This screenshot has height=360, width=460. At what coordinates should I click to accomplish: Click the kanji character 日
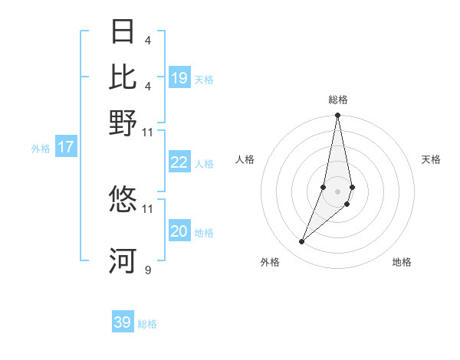[123, 31]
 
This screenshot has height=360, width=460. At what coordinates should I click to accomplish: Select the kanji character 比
[123, 77]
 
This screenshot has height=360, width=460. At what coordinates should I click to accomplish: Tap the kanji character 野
[123, 123]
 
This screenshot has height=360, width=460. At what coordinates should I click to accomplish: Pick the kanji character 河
[123, 260]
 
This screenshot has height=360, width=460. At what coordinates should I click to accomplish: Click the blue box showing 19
[179, 78]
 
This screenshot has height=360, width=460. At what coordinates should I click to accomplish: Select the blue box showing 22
[179, 162]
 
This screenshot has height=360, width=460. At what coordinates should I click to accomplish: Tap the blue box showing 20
[179, 231]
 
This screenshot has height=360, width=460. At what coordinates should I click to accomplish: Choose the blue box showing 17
[66, 147]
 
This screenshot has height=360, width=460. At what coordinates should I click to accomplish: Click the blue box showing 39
[123, 322]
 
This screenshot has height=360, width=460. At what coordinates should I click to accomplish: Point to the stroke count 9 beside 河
[148, 270]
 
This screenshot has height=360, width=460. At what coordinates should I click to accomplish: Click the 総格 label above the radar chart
[338, 100]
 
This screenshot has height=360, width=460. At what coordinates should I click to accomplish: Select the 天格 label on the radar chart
[431, 159]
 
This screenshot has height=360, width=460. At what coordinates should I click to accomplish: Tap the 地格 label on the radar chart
[402, 262]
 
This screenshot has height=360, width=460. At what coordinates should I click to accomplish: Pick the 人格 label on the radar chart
[245, 159]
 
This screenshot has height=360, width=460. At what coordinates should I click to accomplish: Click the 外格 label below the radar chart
[270, 262]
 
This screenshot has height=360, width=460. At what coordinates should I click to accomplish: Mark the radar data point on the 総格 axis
[337, 116]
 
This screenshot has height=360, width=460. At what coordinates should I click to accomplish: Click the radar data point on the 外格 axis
[302, 241]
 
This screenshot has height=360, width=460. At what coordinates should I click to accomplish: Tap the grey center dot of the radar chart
[337, 191]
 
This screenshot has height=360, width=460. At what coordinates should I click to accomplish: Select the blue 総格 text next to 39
[148, 324]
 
